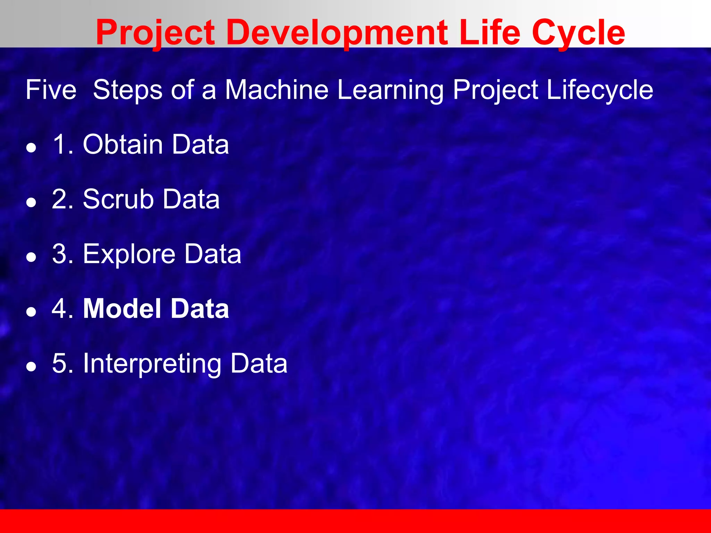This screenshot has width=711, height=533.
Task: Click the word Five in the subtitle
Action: (x=51, y=90)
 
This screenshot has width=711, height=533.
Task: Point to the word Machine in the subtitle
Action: (x=277, y=90)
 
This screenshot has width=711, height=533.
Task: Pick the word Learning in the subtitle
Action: (x=391, y=90)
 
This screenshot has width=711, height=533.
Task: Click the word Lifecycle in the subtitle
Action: (x=600, y=90)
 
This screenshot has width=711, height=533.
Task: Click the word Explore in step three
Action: (x=129, y=254)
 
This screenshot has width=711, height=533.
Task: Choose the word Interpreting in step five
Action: (x=152, y=364)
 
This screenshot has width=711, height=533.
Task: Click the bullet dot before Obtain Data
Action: (x=31, y=148)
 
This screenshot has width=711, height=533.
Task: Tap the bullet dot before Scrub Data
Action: (x=31, y=203)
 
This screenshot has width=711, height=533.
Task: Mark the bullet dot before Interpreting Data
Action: (x=31, y=367)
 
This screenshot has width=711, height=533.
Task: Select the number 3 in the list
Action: (x=59, y=254)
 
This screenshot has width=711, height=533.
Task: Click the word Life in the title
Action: (x=489, y=33)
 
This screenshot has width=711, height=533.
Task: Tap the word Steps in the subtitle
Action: (x=127, y=90)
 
